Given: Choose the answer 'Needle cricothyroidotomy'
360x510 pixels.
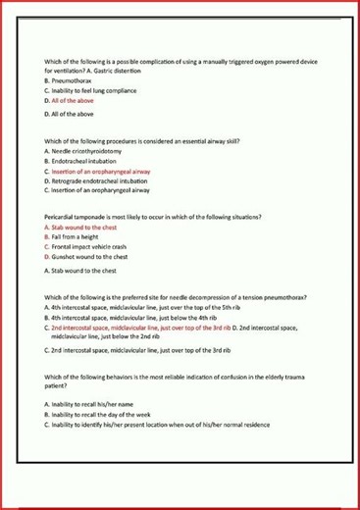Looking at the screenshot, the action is click(83, 151).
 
